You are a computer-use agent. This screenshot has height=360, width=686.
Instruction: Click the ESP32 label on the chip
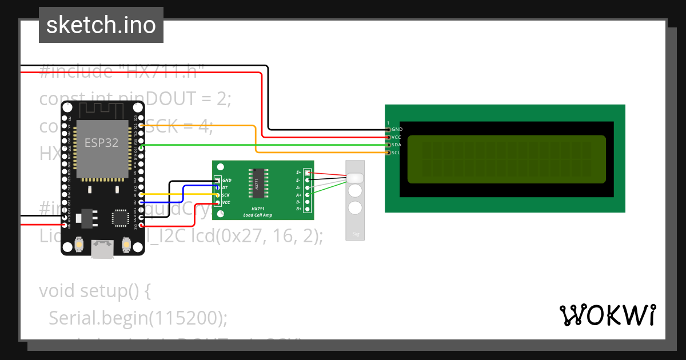[x=102, y=142]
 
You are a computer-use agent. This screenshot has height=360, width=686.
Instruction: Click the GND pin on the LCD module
[x=388, y=130]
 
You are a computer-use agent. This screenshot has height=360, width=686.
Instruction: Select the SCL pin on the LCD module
[x=388, y=153]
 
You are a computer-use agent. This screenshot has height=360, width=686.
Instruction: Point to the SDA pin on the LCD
[x=388, y=145]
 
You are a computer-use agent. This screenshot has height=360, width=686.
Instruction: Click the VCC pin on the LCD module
[x=388, y=137]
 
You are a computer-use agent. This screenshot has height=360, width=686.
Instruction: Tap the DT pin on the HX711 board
[x=217, y=187]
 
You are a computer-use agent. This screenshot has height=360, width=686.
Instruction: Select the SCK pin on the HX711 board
[x=217, y=195]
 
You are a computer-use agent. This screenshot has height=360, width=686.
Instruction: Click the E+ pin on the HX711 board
[x=308, y=172]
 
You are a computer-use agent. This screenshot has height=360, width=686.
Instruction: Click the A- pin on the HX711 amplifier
[x=308, y=187]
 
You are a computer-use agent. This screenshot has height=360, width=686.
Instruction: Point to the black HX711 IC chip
[x=257, y=183]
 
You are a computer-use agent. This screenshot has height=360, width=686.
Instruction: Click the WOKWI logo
[x=607, y=315]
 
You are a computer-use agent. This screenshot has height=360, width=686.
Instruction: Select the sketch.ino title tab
[x=101, y=25]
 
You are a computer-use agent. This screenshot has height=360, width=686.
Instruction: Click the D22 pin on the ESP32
[x=141, y=126]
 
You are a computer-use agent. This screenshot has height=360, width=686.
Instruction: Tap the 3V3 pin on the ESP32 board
[x=141, y=225]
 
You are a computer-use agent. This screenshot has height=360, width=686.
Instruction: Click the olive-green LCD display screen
[x=506, y=159]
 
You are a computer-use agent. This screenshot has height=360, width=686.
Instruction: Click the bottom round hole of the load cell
[x=355, y=207]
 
